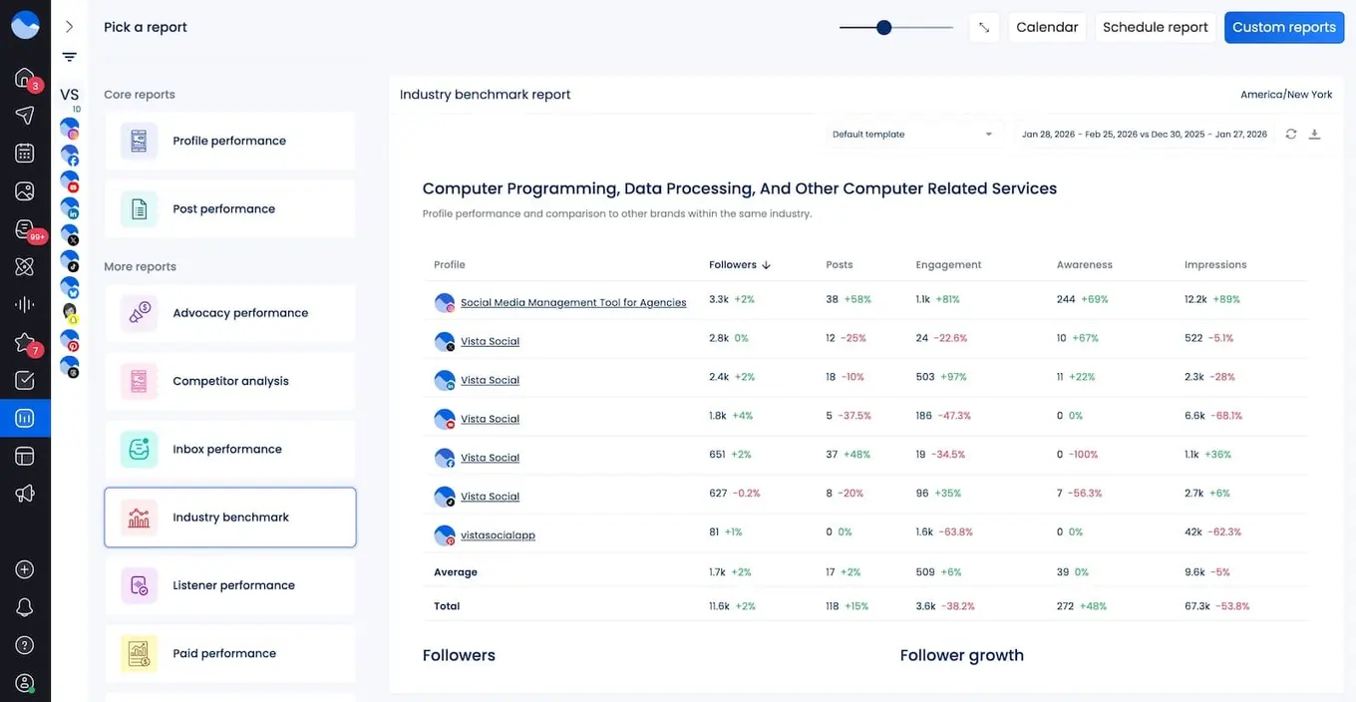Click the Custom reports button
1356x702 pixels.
tap(1283, 28)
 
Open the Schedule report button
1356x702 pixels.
tap(1155, 28)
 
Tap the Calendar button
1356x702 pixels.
tap(1047, 28)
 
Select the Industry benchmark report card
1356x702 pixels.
tap(230, 518)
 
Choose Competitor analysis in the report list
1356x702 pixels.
tap(230, 381)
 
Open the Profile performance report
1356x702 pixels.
tap(230, 142)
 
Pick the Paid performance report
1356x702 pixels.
tap(230, 654)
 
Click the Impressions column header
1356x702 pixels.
tap(1215, 265)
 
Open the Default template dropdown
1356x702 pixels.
tap(912, 135)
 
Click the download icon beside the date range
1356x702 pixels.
tap(1314, 135)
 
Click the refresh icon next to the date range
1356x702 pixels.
tap(1291, 135)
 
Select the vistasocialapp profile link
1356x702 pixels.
tap(498, 535)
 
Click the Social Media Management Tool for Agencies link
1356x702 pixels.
tap(573, 303)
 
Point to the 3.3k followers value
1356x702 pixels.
tap(719, 299)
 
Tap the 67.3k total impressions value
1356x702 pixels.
tap(1197, 606)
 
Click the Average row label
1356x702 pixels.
tap(456, 572)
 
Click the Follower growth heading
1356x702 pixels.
tap(961, 655)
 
